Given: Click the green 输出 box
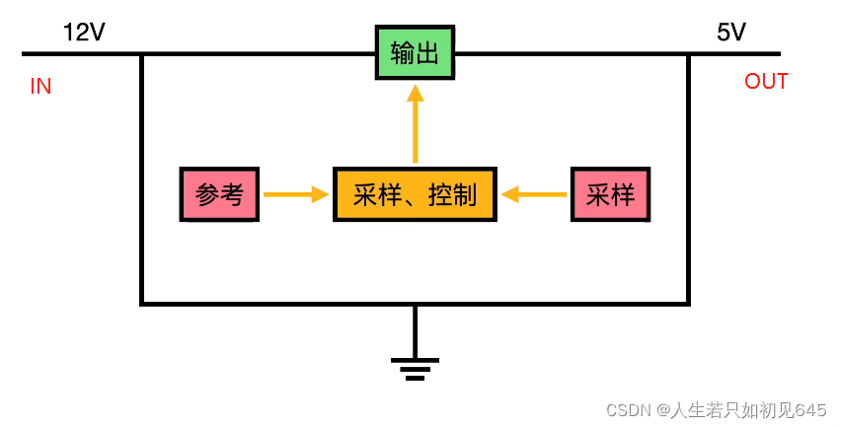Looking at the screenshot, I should [415, 52].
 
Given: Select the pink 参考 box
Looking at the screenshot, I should [219, 194].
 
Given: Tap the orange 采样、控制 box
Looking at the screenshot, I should [415, 194].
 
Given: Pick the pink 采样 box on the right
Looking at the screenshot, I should [609, 194].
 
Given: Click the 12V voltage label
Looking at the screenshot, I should [84, 33].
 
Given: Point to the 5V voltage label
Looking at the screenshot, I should [731, 33].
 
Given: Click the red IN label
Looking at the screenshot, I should [40, 87].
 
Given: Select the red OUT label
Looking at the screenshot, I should [766, 81].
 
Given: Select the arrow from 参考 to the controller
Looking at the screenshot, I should [295, 194].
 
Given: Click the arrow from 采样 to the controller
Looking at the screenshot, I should [535, 194].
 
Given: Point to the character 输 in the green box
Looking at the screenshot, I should [403, 52].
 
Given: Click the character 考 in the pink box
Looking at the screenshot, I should [232, 194].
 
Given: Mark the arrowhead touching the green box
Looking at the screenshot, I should [415, 93].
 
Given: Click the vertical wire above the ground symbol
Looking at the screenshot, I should [415, 330].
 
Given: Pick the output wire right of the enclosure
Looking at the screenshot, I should [734, 53].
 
